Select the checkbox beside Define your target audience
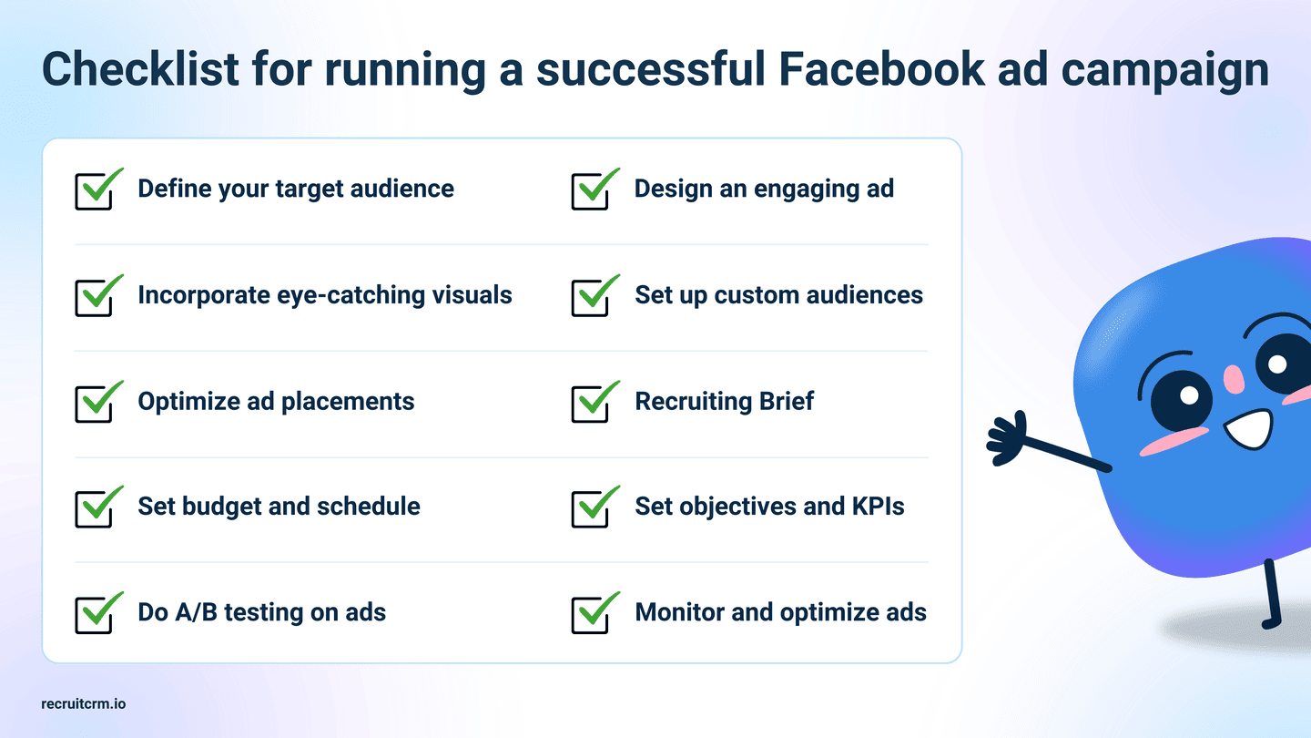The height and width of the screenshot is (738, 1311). [x=94, y=191]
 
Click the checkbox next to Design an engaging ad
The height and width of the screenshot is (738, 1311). [x=591, y=191]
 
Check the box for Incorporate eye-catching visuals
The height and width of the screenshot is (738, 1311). [x=94, y=298]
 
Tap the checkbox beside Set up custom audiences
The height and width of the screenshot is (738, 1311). [x=591, y=298]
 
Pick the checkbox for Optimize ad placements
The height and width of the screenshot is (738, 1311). [x=94, y=404]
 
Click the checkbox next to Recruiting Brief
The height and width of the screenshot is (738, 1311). [x=591, y=404]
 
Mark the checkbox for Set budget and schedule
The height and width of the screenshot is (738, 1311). [x=94, y=509]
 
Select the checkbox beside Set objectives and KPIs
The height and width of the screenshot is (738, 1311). [x=591, y=509]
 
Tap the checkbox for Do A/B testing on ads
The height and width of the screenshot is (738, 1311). [x=94, y=614]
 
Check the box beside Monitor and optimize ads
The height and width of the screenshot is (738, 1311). [x=591, y=614]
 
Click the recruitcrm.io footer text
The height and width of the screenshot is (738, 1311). [x=84, y=704]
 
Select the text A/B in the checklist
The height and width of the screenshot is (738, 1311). [x=193, y=612]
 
